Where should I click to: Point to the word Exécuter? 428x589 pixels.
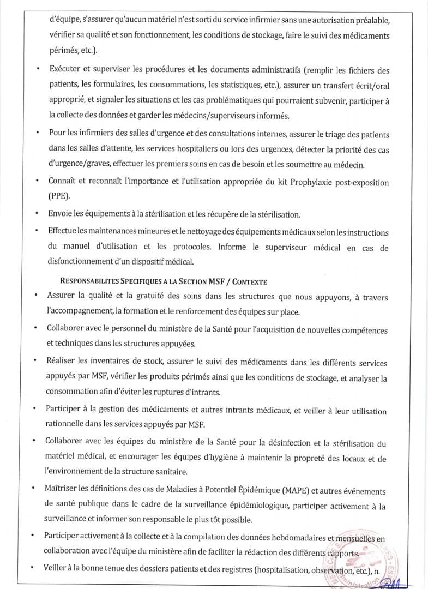click(x=65, y=70)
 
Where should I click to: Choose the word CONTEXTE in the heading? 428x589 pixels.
click(x=250, y=281)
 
